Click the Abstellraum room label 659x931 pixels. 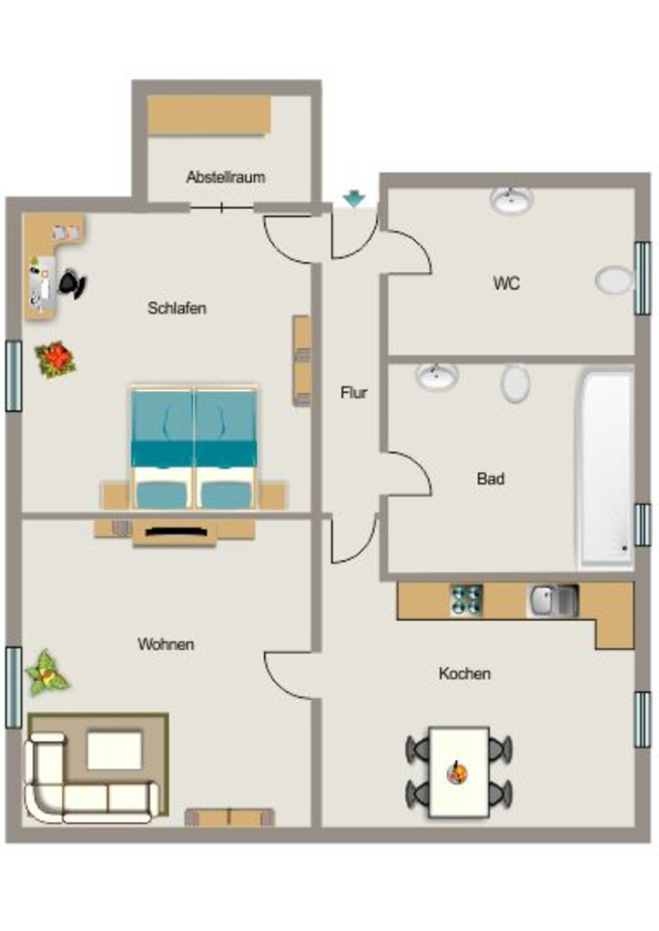coord(225,177)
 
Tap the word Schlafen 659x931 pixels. coord(177,308)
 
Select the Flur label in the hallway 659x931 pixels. coord(353,393)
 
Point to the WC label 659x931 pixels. coord(506,284)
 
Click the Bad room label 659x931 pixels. coord(491,478)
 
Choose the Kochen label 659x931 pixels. coord(465,674)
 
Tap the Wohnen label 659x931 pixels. coord(166,645)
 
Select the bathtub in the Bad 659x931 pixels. coord(605,468)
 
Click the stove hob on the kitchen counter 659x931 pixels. coord(466,600)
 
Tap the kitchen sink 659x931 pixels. coord(553,600)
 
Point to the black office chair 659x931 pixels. coord(72,284)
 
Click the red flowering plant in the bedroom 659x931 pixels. coord(56,358)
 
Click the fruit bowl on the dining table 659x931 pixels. coord(457,773)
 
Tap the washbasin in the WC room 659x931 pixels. coord(511,201)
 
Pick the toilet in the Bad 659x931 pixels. coord(515,383)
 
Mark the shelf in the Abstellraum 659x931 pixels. coord(209,115)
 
